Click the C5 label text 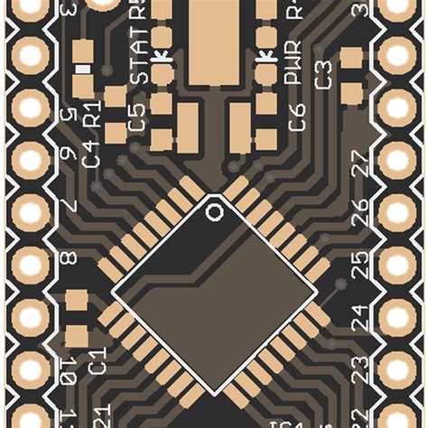[136, 117]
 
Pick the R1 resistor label [91, 116]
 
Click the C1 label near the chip [97, 358]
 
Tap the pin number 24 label [359, 317]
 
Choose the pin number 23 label [359, 368]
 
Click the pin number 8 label [68, 263]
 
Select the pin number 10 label [68, 369]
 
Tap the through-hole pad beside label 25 [397, 265]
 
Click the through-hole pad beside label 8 [31, 265]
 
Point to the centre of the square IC [214, 291]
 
